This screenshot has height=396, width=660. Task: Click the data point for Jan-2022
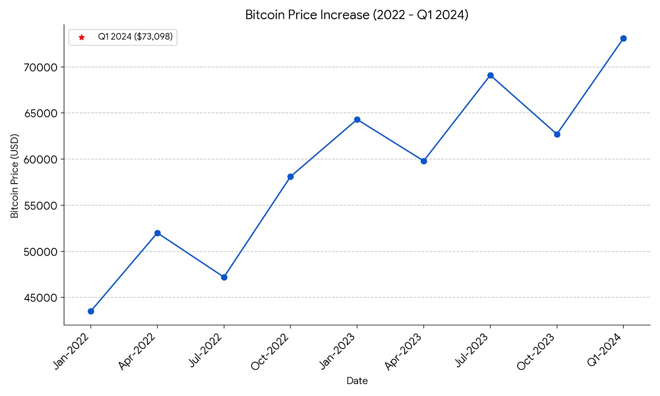(x=91, y=311)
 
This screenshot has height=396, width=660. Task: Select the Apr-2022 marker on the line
(x=158, y=233)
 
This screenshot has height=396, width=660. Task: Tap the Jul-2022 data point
(x=224, y=277)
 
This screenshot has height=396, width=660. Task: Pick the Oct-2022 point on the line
(x=290, y=177)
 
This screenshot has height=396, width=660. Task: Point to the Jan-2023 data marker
(x=357, y=120)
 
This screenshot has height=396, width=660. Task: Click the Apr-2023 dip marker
(x=424, y=161)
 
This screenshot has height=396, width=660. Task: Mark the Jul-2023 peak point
(x=490, y=75)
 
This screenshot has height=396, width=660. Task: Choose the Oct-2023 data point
(x=557, y=134)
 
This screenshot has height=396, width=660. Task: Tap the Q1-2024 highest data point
(x=623, y=38)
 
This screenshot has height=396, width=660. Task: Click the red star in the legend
(x=82, y=37)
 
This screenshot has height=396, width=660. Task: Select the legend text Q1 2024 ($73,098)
(x=135, y=37)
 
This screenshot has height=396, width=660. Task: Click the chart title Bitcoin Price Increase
(x=357, y=15)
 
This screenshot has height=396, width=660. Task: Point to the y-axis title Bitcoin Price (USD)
(x=15, y=176)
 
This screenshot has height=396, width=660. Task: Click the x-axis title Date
(x=357, y=381)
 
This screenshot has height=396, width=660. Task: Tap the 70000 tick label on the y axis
(x=41, y=67)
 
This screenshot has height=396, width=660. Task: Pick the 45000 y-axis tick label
(x=41, y=298)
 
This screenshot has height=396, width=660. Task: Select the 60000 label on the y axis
(x=41, y=160)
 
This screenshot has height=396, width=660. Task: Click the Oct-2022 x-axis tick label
(x=270, y=351)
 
